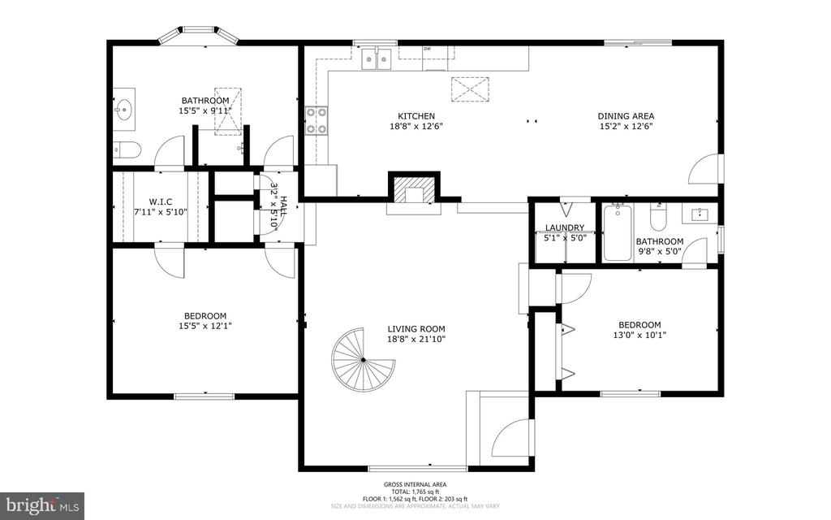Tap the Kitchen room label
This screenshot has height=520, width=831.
[x=415, y=116]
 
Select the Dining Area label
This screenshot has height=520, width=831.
[x=626, y=116]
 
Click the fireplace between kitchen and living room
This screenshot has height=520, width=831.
[x=414, y=192]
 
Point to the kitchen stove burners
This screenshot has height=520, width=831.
[x=316, y=120]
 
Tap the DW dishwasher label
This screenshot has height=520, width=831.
[x=427, y=49]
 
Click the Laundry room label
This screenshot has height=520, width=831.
[x=565, y=227]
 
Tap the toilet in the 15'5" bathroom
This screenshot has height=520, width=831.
[x=127, y=149]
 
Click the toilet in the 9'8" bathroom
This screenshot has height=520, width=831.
[x=657, y=219]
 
